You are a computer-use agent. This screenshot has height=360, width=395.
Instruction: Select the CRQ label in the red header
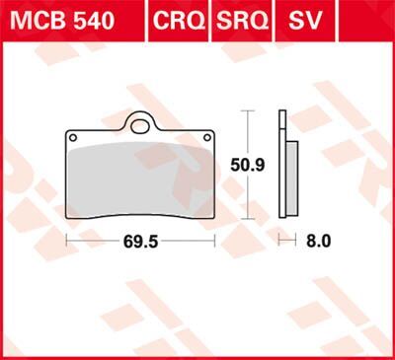178,20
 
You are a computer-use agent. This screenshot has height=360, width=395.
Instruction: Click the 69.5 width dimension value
140,240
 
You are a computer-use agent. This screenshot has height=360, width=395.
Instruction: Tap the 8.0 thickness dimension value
315,240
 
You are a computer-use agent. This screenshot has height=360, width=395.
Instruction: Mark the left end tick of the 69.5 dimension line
66,240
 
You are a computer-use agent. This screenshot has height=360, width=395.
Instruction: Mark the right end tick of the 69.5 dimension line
214,240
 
